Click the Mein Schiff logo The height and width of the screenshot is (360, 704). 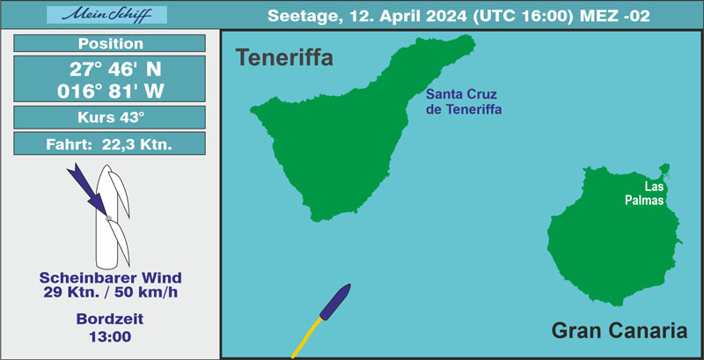[x=106, y=15]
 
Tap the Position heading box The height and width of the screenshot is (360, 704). [x=109, y=43]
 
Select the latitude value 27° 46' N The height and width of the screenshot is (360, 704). [x=115, y=70]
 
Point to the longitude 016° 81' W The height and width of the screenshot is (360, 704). [x=111, y=92]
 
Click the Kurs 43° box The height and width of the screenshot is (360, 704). [x=109, y=117]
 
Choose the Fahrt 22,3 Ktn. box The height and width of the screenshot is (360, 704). [x=109, y=143]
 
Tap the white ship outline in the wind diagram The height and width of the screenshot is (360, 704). [x=106, y=217]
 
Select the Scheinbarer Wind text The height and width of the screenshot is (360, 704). [x=111, y=278]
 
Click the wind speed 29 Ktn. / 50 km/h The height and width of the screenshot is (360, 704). [x=111, y=291]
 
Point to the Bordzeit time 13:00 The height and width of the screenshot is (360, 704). [x=111, y=336]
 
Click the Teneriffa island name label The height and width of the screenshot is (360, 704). [x=284, y=58]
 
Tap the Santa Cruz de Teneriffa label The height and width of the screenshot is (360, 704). [x=464, y=102]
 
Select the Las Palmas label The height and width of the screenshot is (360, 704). [x=645, y=194]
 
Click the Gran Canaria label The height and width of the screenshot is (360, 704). [x=620, y=331]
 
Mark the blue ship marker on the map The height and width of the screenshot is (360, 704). [x=335, y=302]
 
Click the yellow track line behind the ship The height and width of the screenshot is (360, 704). [x=306, y=338]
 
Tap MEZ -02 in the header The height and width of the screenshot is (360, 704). [x=614, y=16]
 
